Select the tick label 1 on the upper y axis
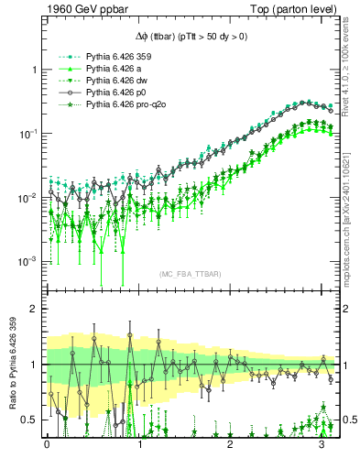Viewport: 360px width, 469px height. coord(34,70)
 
